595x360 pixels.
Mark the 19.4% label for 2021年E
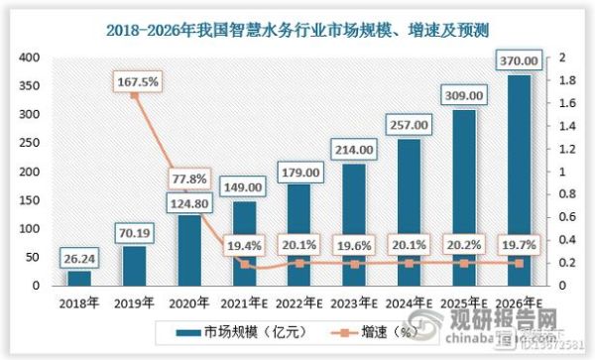pos(242,243)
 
